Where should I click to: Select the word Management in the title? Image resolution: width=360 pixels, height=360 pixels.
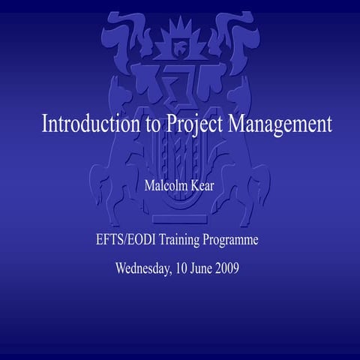[x=280, y=124]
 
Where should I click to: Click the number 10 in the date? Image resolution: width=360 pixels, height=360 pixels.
[x=185, y=268]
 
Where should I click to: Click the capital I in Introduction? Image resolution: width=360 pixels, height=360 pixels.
[x=45, y=124]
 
